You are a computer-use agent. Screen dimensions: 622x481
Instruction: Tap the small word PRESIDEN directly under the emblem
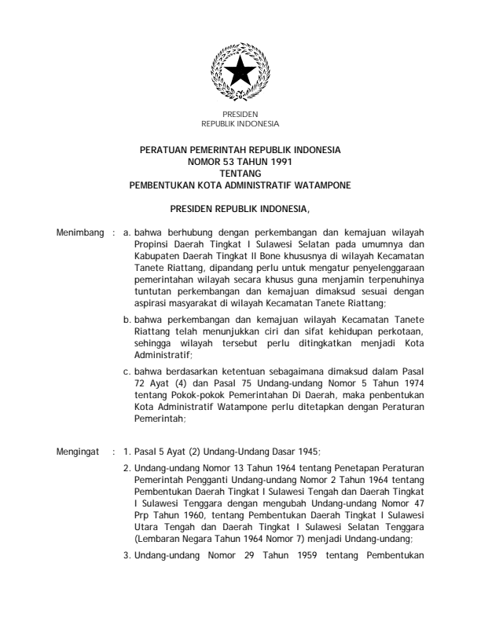pos(240,115)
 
